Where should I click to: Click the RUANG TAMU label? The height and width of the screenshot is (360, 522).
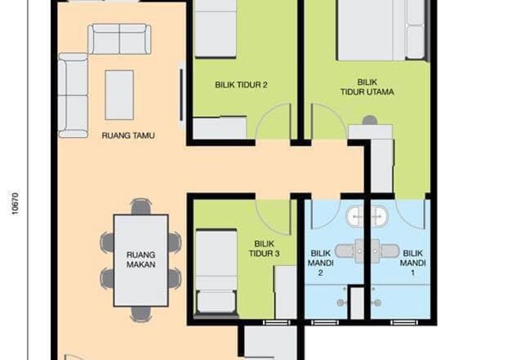point(128,136)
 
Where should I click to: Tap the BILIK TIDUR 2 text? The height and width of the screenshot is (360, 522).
point(241,85)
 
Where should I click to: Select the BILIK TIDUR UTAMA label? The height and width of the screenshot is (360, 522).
point(367,87)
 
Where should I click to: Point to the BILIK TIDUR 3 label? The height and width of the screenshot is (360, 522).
point(264,248)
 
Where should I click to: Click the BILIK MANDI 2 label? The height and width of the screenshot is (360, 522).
point(320,263)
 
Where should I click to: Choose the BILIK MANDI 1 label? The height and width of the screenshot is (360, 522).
point(413,263)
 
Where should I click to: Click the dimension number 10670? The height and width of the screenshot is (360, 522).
point(15,203)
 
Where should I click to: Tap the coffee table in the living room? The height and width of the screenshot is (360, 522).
point(119,95)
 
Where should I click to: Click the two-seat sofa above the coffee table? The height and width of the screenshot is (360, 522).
point(119,39)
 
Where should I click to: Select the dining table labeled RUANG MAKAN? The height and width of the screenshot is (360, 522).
point(141,260)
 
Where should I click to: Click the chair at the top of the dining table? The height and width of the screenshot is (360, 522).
point(141,206)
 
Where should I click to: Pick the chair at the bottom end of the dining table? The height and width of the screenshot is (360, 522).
point(141,314)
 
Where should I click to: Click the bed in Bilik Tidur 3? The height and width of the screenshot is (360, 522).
point(217,272)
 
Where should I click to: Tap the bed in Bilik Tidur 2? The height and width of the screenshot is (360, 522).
point(215,29)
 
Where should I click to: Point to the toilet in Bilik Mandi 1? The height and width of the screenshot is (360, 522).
point(386,251)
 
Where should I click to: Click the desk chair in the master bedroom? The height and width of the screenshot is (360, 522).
point(369,120)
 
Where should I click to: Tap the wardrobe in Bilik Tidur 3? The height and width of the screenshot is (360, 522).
point(285,292)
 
